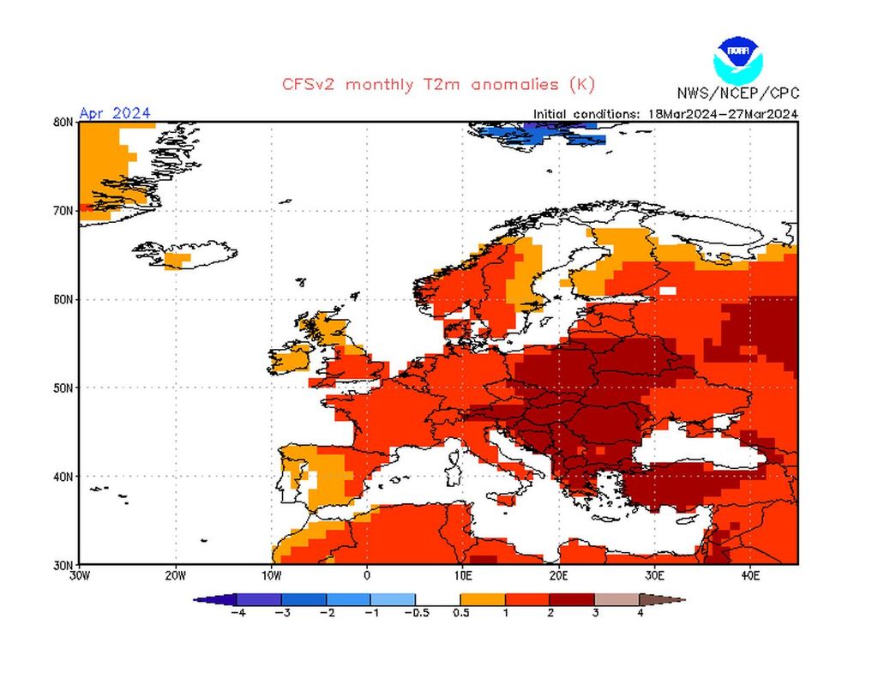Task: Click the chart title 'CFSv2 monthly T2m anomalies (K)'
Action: point(438,84)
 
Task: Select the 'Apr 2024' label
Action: point(115,113)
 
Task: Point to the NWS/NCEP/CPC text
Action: point(737,93)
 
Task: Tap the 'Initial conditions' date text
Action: point(665,113)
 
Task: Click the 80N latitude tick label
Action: point(63,122)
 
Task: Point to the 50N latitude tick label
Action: point(63,388)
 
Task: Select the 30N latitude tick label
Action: point(63,565)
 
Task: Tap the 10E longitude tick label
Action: point(463,576)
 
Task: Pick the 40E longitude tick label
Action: point(749,576)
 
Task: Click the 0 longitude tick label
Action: point(367,576)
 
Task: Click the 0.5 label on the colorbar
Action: point(460,614)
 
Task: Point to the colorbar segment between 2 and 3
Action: point(572,599)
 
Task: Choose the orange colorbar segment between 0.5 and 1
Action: point(483,599)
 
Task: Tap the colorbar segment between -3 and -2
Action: point(304,599)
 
